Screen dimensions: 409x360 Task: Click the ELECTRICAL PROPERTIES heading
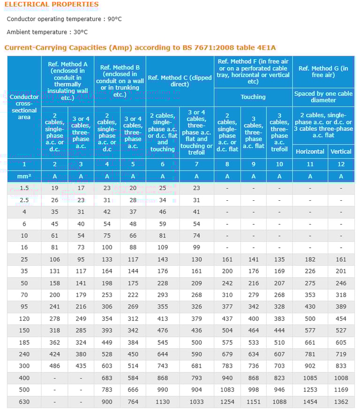pyautogui.click(x=52, y=5)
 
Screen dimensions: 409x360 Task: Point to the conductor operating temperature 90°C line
pyautogui.click(x=64, y=19)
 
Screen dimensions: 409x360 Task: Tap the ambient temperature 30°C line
pyautogui.click(x=47, y=32)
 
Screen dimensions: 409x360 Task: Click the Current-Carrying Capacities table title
pyautogui.click(x=140, y=47)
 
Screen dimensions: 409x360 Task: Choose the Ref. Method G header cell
pyautogui.click(x=323, y=72)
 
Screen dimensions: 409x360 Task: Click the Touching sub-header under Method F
pyautogui.click(x=253, y=97)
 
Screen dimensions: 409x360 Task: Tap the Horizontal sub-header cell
pyautogui.click(x=310, y=151)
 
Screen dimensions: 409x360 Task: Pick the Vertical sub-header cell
pyautogui.click(x=341, y=151)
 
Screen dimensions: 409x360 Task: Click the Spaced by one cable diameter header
pyautogui.click(x=323, y=97)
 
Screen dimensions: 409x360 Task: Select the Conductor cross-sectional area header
pyautogui.click(x=24, y=107)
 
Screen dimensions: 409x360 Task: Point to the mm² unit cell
pyautogui.click(x=24, y=176)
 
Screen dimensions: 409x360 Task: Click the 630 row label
pyautogui.click(x=24, y=402)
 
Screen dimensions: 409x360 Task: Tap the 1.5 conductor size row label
pyautogui.click(x=24, y=188)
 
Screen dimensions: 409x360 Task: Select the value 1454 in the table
pyautogui.click(x=310, y=402)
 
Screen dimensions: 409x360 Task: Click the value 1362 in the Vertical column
pyautogui.click(x=341, y=402)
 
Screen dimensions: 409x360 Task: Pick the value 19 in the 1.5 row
pyautogui.click(x=54, y=188)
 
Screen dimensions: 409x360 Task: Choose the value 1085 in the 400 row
pyautogui.click(x=310, y=378)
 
